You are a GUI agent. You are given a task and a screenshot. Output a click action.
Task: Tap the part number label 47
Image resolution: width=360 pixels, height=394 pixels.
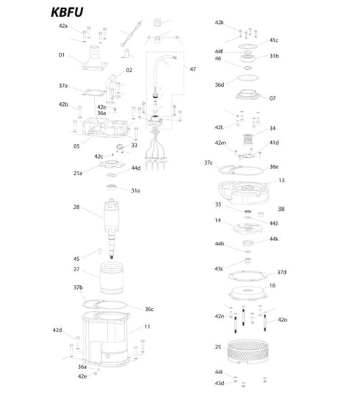(192, 69)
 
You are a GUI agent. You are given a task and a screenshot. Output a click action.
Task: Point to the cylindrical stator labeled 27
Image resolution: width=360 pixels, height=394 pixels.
(114, 279)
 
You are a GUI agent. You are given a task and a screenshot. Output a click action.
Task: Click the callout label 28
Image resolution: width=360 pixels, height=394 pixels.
(76, 208)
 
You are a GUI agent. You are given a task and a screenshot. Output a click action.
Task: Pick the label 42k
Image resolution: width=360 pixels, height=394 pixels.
(219, 23)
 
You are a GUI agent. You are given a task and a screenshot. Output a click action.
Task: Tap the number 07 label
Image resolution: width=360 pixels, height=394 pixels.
(273, 98)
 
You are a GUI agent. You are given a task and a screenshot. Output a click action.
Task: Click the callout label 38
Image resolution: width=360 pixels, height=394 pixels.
(281, 209)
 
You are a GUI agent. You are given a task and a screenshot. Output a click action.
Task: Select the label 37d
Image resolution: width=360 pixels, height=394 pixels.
(281, 272)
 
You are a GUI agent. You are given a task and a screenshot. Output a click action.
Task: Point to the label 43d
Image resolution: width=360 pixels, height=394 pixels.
(220, 383)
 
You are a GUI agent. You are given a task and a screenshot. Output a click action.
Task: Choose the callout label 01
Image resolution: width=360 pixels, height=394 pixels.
(62, 54)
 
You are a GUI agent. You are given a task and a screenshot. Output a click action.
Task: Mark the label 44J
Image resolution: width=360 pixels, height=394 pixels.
(273, 223)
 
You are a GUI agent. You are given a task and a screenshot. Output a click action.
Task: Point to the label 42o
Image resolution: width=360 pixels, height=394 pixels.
(282, 320)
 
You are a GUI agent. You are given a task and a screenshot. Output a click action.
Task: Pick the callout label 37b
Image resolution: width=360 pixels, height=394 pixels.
(78, 287)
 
